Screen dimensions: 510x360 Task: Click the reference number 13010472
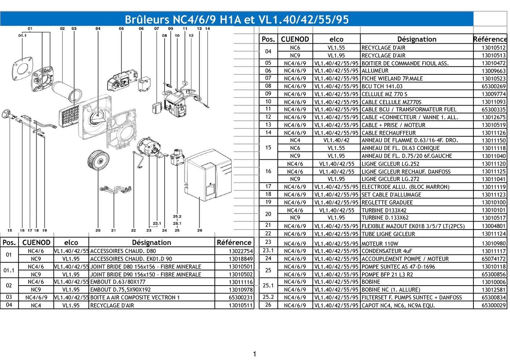coord(493,63)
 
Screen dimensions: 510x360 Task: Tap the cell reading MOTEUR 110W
coord(380,244)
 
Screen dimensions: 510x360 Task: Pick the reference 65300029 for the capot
coord(493,305)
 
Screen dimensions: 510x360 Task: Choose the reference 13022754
coord(241,251)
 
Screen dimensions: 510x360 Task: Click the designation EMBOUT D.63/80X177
coord(118,282)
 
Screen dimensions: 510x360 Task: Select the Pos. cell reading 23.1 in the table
coord(268,250)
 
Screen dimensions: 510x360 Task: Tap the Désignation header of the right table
coord(417,39)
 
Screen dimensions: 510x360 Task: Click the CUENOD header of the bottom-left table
coord(36,243)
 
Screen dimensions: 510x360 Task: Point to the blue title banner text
coord(237,20)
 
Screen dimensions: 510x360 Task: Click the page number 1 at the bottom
coord(255,354)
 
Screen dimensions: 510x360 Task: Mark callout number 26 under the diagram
coord(199,230)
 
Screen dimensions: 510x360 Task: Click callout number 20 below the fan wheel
coord(98,230)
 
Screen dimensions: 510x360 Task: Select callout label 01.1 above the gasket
coord(22,35)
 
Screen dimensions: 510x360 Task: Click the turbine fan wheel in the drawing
coord(98,160)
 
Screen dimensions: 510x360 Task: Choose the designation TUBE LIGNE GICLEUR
coord(388,234)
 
